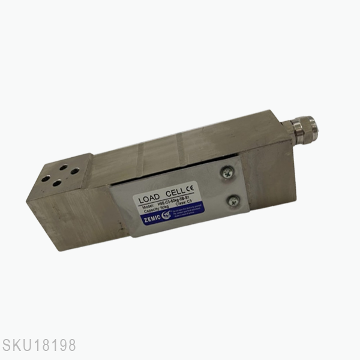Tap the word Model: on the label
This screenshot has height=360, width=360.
(148, 207)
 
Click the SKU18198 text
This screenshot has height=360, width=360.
(39, 346)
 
